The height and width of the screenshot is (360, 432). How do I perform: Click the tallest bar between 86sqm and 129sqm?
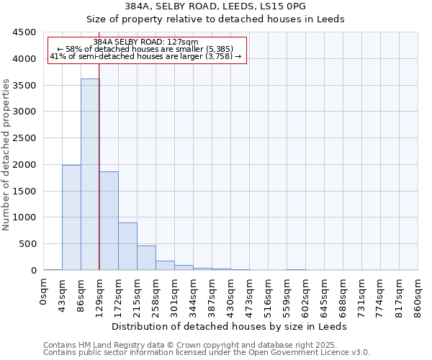click(x=90, y=174)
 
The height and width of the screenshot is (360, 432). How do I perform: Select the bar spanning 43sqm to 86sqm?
click(x=71, y=217)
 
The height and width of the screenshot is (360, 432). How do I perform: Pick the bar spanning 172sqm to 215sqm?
click(x=127, y=246)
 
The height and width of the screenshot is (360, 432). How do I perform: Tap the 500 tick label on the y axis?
click(x=27, y=244)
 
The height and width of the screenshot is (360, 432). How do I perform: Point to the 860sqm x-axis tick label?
click(x=418, y=295)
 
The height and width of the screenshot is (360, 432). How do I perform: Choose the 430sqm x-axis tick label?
click(x=231, y=295)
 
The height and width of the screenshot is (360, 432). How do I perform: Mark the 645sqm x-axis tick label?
click(x=325, y=295)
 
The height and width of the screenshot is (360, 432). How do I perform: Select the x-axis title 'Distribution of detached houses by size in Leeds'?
click(x=230, y=326)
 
